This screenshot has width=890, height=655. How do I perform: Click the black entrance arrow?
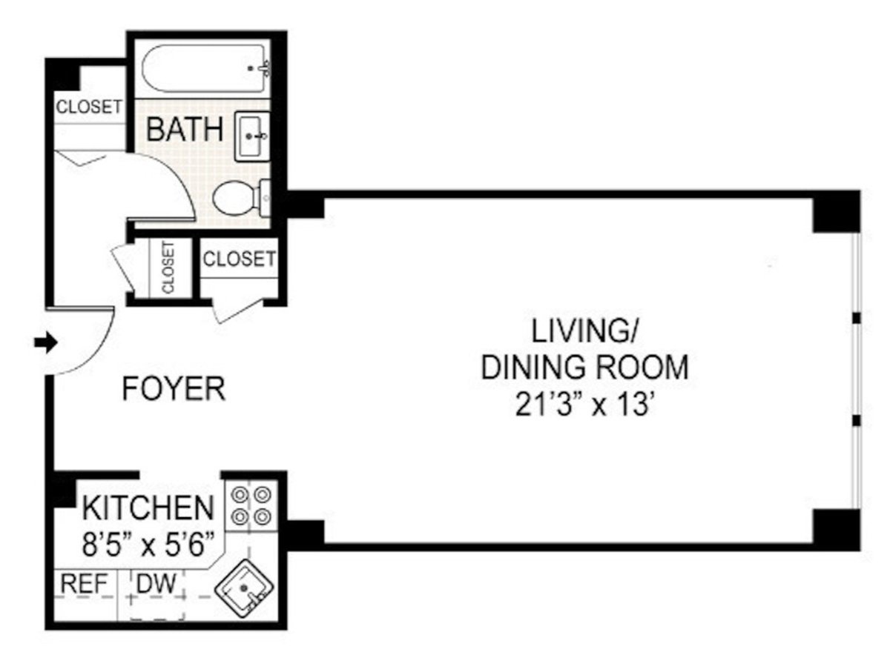(46, 342)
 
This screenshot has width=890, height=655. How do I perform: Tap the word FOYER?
(174, 389)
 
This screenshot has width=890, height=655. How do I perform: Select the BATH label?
(185, 130)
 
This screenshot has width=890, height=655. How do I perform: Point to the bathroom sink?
(252, 136)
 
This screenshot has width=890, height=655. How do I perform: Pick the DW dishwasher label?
(158, 584)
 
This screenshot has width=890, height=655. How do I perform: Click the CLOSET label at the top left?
(89, 107)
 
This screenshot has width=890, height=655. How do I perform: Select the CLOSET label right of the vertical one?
(239, 259)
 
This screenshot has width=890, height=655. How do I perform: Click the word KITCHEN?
(148, 509)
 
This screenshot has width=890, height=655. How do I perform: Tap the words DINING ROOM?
(584, 368)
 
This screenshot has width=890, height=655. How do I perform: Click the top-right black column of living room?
(836, 212)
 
